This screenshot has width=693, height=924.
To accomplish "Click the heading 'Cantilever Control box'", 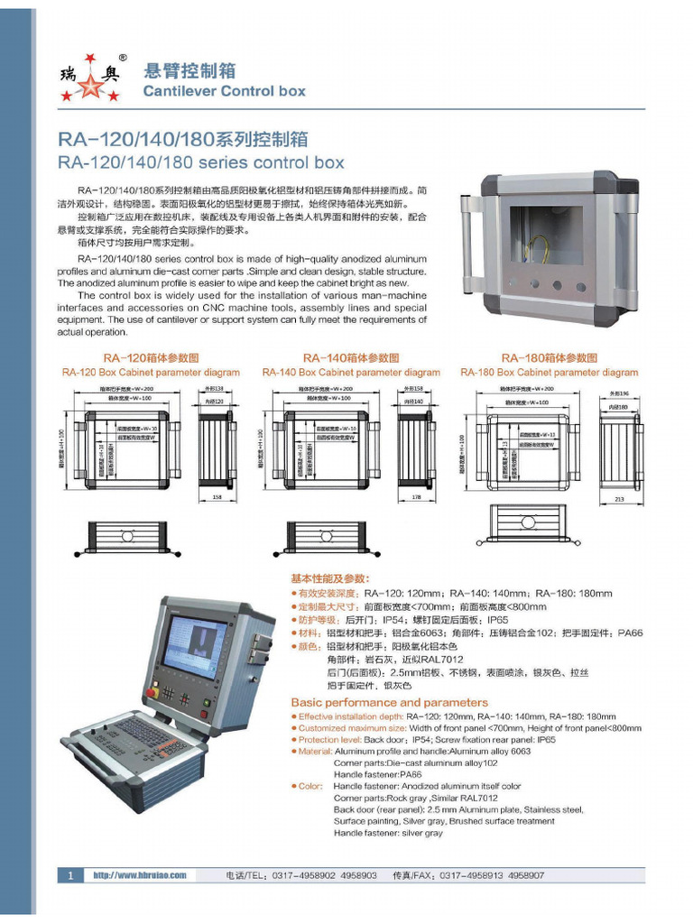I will click(x=225, y=91).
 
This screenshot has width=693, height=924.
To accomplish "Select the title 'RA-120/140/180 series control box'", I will click(x=201, y=163).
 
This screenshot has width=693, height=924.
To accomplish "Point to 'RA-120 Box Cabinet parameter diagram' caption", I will click(x=151, y=373).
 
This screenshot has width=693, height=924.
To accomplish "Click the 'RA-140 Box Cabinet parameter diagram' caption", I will click(x=351, y=373).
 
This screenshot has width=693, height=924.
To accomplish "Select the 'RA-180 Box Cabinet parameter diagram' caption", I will click(x=549, y=373).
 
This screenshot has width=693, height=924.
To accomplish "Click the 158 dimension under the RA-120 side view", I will click(x=216, y=496).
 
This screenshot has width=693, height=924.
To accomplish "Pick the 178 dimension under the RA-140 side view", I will click(x=416, y=496).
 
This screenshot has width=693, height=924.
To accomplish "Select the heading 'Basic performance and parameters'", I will click(x=389, y=702).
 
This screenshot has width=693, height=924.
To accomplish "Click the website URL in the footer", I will click(x=140, y=875).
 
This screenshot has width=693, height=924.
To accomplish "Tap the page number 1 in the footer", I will click(x=70, y=875).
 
